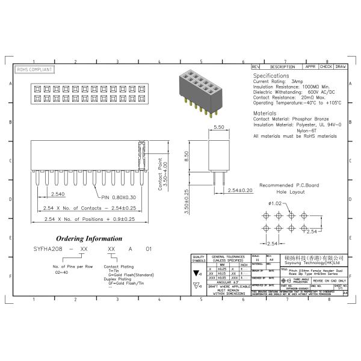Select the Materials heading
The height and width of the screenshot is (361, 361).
265,113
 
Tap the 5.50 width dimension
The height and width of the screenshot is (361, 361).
218,128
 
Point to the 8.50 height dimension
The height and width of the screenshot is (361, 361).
187,156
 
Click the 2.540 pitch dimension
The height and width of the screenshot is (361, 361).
58,194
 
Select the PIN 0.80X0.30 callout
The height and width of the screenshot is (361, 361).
122,197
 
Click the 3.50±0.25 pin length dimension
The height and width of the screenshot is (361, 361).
187,202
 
